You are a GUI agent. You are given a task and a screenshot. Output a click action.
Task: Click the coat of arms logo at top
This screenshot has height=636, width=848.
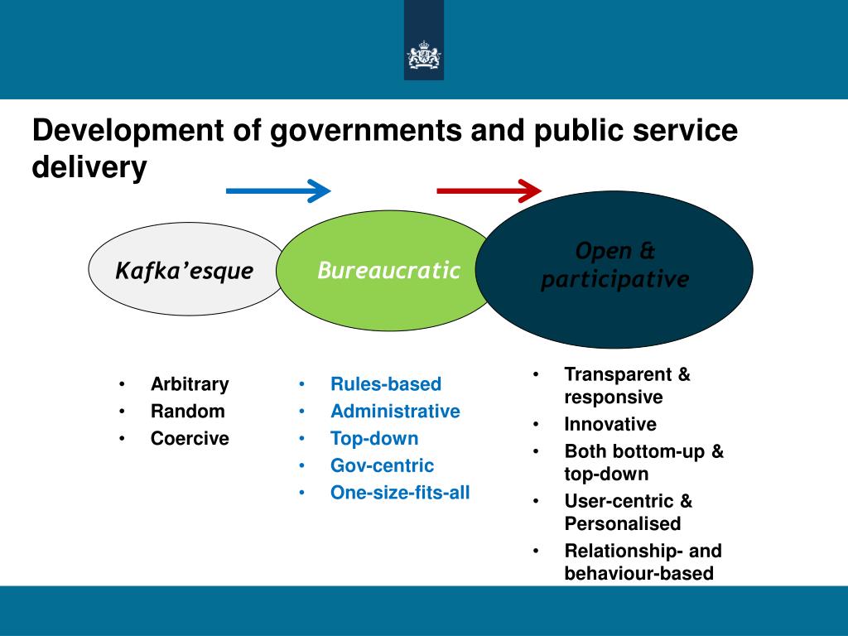(423, 56)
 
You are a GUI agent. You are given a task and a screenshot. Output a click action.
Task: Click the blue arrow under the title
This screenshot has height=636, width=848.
(278, 190)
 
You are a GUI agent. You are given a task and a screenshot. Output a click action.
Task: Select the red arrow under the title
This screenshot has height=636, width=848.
(489, 190)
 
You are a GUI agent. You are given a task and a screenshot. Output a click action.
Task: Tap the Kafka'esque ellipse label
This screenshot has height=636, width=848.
(184, 271)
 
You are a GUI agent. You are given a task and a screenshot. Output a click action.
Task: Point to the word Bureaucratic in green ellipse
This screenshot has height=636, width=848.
(388, 270)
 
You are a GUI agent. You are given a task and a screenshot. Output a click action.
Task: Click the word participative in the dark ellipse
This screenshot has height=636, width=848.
(614, 280)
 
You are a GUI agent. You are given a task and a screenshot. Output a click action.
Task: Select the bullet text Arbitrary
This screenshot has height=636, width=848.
(190, 384)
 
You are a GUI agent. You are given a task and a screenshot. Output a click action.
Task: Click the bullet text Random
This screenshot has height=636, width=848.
(187, 412)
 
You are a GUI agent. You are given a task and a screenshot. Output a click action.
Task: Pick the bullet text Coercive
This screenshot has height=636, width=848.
(190, 439)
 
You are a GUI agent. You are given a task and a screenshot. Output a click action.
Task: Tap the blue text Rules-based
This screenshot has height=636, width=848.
(386, 384)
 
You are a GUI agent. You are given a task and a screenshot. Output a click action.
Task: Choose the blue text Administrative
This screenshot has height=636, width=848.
(395, 412)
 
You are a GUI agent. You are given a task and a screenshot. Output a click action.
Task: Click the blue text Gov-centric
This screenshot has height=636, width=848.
(382, 466)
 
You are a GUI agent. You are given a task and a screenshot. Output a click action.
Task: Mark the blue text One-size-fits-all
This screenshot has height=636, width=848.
(400, 494)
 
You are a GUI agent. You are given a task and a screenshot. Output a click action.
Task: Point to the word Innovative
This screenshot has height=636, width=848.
(610, 425)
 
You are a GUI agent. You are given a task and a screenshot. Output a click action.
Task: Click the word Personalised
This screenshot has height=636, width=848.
(623, 524)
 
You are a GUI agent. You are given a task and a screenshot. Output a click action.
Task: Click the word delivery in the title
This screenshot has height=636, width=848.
(89, 168)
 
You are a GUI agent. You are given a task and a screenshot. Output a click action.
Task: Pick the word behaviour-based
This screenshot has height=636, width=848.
(638, 574)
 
